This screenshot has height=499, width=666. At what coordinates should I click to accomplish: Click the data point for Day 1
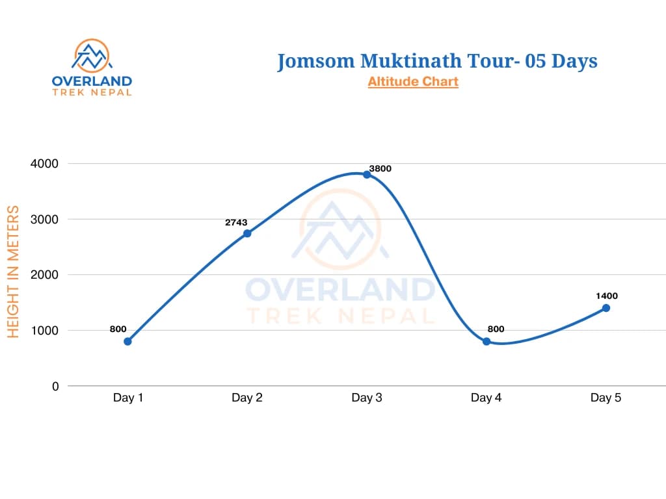[x=127, y=341]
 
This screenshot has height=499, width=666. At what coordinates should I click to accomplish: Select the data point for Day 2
[x=247, y=233]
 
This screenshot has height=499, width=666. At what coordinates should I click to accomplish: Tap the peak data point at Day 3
[x=367, y=174]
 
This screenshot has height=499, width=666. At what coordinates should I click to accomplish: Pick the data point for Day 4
[x=486, y=341]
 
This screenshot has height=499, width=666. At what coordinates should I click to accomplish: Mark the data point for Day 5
[x=606, y=308]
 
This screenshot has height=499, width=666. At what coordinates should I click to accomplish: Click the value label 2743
[x=236, y=222]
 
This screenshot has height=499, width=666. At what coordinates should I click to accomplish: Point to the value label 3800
[x=380, y=168]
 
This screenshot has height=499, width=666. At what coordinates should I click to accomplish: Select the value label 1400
[x=606, y=296]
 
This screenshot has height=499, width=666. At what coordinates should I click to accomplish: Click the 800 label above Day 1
[x=118, y=329]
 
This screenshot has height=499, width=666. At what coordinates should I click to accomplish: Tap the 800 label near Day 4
[x=496, y=329]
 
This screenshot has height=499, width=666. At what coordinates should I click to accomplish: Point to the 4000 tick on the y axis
[x=44, y=164]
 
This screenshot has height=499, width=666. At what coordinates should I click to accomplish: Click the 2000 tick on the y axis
[x=44, y=275]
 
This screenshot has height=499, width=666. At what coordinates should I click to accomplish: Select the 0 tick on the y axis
[x=55, y=386]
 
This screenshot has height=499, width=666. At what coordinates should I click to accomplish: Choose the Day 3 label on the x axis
[x=367, y=398]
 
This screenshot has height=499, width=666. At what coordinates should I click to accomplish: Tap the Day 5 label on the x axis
[x=606, y=398]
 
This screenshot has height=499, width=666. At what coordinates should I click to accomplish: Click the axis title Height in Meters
[x=14, y=272]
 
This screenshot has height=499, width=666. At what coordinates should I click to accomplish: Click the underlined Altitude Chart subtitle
[x=413, y=82]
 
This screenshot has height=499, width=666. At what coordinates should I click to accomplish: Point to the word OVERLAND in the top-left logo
[x=92, y=81]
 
